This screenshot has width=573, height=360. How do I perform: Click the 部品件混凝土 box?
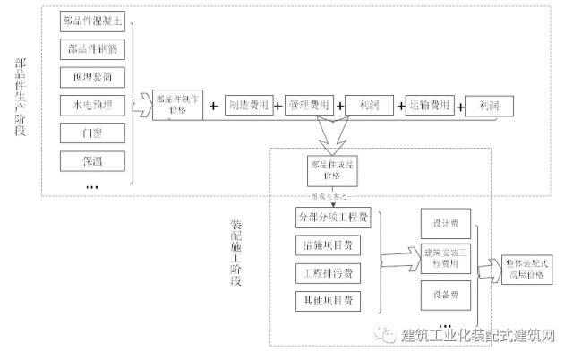click(92, 21)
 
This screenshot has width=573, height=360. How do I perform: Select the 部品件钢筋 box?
click(92, 49)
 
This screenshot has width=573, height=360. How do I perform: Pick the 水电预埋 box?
click(92, 105)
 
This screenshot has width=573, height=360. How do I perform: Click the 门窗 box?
click(92, 133)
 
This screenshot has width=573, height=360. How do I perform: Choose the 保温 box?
click(92, 161)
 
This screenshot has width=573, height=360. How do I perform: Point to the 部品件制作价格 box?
click(178, 105)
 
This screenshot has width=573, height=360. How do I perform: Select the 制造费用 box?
click(247, 105)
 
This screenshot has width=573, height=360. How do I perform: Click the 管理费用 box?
click(307, 105)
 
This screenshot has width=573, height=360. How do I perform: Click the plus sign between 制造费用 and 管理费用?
click(278, 106)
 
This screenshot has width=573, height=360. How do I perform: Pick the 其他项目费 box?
click(328, 300)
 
